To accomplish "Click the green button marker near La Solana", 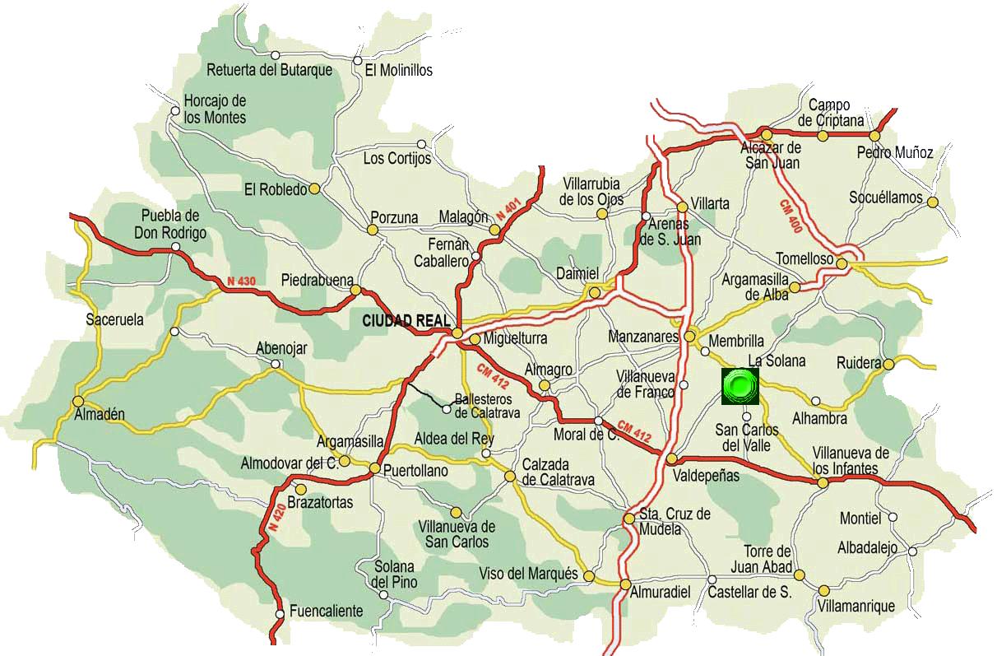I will [x=740, y=385].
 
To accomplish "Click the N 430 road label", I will [x=242, y=281].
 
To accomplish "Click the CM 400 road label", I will [x=791, y=216].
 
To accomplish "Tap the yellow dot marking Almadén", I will [x=78, y=401].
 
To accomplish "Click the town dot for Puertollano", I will [x=374, y=469].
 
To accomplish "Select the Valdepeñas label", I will [x=706, y=476].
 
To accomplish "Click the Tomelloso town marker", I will [x=842, y=261].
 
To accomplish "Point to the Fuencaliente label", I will [x=326, y=612].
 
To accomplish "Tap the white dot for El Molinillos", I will [x=357, y=59].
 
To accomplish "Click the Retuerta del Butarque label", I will [x=270, y=70].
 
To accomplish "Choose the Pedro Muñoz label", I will [x=895, y=152].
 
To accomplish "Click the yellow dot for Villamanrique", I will [x=824, y=590].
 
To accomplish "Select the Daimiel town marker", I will [x=595, y=292].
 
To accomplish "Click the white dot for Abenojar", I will [x=276, y=363].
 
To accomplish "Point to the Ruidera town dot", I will [x=889, y=363].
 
